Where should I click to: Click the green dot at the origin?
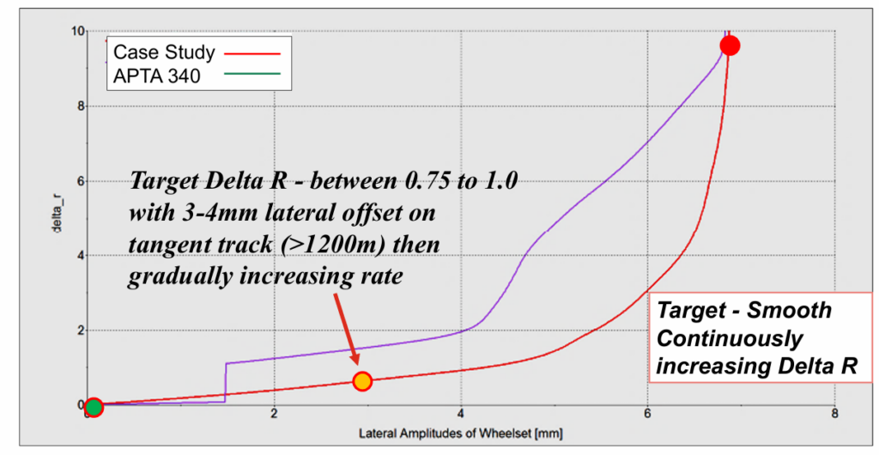(93, 406)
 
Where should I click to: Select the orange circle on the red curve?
(362, 380)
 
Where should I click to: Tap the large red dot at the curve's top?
(730, 45)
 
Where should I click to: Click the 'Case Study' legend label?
(164, 52)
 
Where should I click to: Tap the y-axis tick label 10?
(78, 31)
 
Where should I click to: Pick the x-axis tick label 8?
(834, 415)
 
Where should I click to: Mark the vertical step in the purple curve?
(226, 381)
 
